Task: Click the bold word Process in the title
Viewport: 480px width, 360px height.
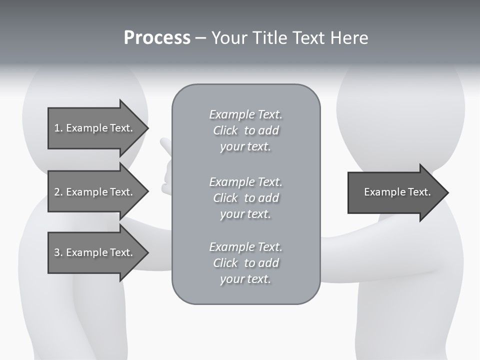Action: click(x=157, y=38)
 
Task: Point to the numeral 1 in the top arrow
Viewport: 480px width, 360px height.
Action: click(x=56, y=128)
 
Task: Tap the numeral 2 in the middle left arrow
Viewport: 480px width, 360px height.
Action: click(x=57, y=192)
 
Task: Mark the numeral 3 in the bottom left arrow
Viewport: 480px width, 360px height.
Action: click(x=57, y=252)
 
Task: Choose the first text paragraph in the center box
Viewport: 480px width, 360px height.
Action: click(x=245, y=130)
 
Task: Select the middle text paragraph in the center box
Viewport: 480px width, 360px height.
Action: click(x=245, y=197)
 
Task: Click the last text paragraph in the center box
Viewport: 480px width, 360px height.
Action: click(x=245, y=263)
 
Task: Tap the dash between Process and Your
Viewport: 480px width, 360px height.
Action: click(x=200, y=38)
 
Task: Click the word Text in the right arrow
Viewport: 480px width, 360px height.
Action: click(x=419, y=192)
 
